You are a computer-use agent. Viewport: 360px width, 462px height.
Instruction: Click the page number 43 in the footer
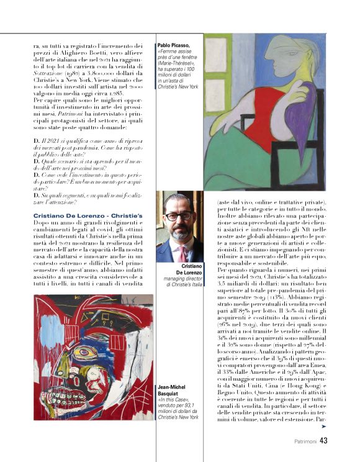(x=323, y=442)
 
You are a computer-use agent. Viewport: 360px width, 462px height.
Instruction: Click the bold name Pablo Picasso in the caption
(x=173, y=45)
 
